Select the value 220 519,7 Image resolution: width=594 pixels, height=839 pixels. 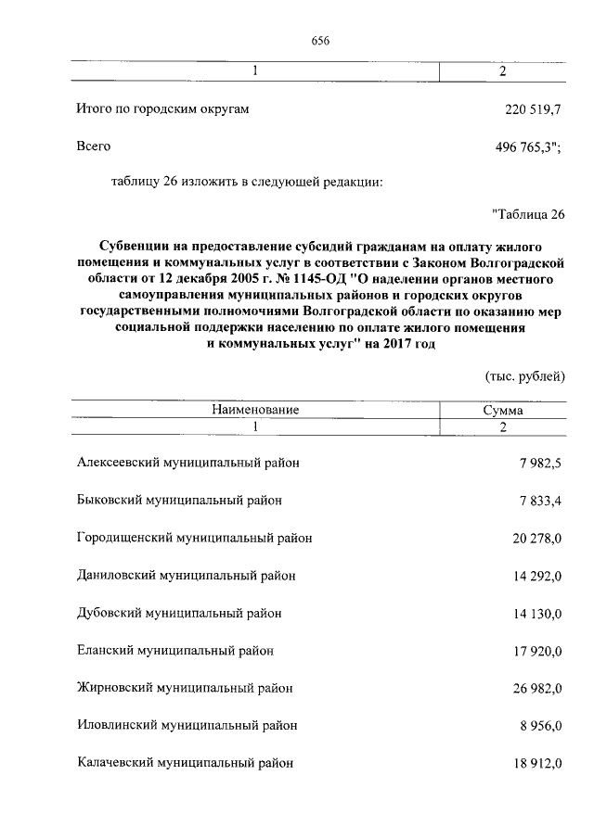click(x=533, y=109)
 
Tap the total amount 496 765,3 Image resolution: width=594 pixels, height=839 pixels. click(x=530, y=146)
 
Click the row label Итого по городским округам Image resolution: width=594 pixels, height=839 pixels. click(x=162, y=109)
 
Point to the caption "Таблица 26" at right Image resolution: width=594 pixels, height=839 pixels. click(x=527, y=216)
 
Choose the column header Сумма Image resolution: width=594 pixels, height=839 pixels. click(x=502, y=409)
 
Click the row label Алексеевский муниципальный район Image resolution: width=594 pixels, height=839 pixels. click(x=187, y=463)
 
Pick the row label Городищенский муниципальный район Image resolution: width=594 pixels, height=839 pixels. click(x=193, y=538)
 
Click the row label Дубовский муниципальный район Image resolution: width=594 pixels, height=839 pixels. click(x=178, y=613)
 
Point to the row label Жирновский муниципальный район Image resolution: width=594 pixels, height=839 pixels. click(x=185, y=688)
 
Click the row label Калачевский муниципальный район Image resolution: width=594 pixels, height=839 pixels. click(x=185, y=763)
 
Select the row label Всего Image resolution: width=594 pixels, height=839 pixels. click(x=94, y=146)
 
